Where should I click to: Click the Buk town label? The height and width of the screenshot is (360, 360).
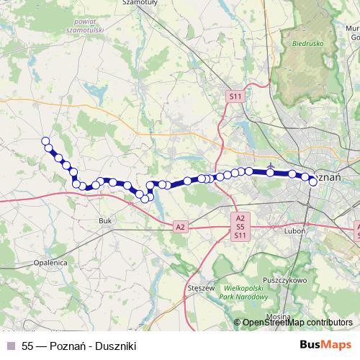(x=103, y=221)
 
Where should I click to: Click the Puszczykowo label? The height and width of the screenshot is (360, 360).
(x=285, y=279)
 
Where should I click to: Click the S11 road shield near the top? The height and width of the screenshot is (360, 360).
(x=235, y=95)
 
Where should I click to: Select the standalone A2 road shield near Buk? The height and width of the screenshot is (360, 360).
(x=180, y=227)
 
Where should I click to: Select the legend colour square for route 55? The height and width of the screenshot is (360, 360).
(x=10, y=346)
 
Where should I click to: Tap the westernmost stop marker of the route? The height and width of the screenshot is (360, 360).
(x=45, y=141)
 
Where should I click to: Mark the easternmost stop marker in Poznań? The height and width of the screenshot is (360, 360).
(x=313, y=181)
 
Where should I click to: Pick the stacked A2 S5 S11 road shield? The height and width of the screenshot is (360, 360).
(x=240, y=226)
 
